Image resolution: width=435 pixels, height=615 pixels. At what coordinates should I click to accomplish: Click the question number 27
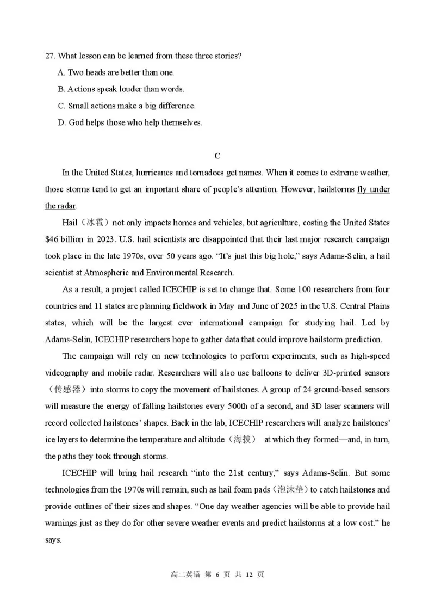(x=50, y=56)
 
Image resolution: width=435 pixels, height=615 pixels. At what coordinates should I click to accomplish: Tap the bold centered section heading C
(x=217, y=156)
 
